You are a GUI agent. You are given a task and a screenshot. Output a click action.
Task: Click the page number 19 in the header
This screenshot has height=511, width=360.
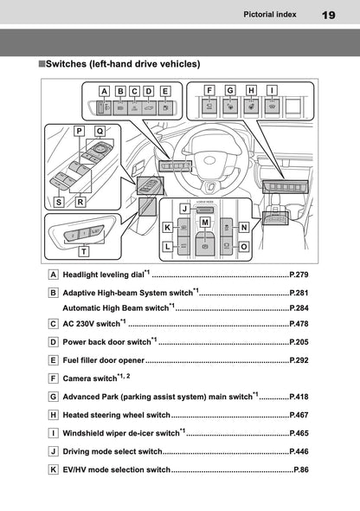point(328,15)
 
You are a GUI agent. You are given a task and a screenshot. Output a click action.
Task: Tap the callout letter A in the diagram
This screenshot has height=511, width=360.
point(104,91)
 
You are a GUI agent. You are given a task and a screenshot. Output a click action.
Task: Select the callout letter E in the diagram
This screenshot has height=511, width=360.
point(165,91)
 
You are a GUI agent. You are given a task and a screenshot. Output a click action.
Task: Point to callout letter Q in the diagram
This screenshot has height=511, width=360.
point(100,131)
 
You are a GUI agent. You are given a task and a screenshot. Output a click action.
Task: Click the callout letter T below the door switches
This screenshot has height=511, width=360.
point(84,251)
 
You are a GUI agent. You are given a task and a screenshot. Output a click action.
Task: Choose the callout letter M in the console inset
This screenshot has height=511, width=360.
point(205,223)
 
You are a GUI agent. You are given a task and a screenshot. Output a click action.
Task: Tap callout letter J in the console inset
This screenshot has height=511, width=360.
point(185,208)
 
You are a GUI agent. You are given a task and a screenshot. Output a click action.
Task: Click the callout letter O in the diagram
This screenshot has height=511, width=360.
point(243,247)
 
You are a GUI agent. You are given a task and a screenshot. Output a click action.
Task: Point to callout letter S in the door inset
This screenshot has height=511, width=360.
point(59,202)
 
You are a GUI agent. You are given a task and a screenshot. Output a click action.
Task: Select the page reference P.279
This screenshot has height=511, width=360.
point(299,275)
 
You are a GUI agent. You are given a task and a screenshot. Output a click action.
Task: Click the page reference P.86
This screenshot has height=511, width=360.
point(301,469)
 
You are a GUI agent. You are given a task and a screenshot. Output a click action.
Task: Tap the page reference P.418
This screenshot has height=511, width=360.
point(299,397)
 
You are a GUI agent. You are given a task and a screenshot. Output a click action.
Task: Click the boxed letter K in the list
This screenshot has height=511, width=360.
point(53,469)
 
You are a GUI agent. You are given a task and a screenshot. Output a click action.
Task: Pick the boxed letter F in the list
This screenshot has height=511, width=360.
point(53,378)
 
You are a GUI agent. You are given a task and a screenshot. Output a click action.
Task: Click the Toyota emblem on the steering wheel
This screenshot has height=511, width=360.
point(210,160)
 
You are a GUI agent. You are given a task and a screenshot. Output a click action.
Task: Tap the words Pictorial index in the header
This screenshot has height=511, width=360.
point(270,15)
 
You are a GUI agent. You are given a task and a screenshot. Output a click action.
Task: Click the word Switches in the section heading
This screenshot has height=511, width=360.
point(66,64)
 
